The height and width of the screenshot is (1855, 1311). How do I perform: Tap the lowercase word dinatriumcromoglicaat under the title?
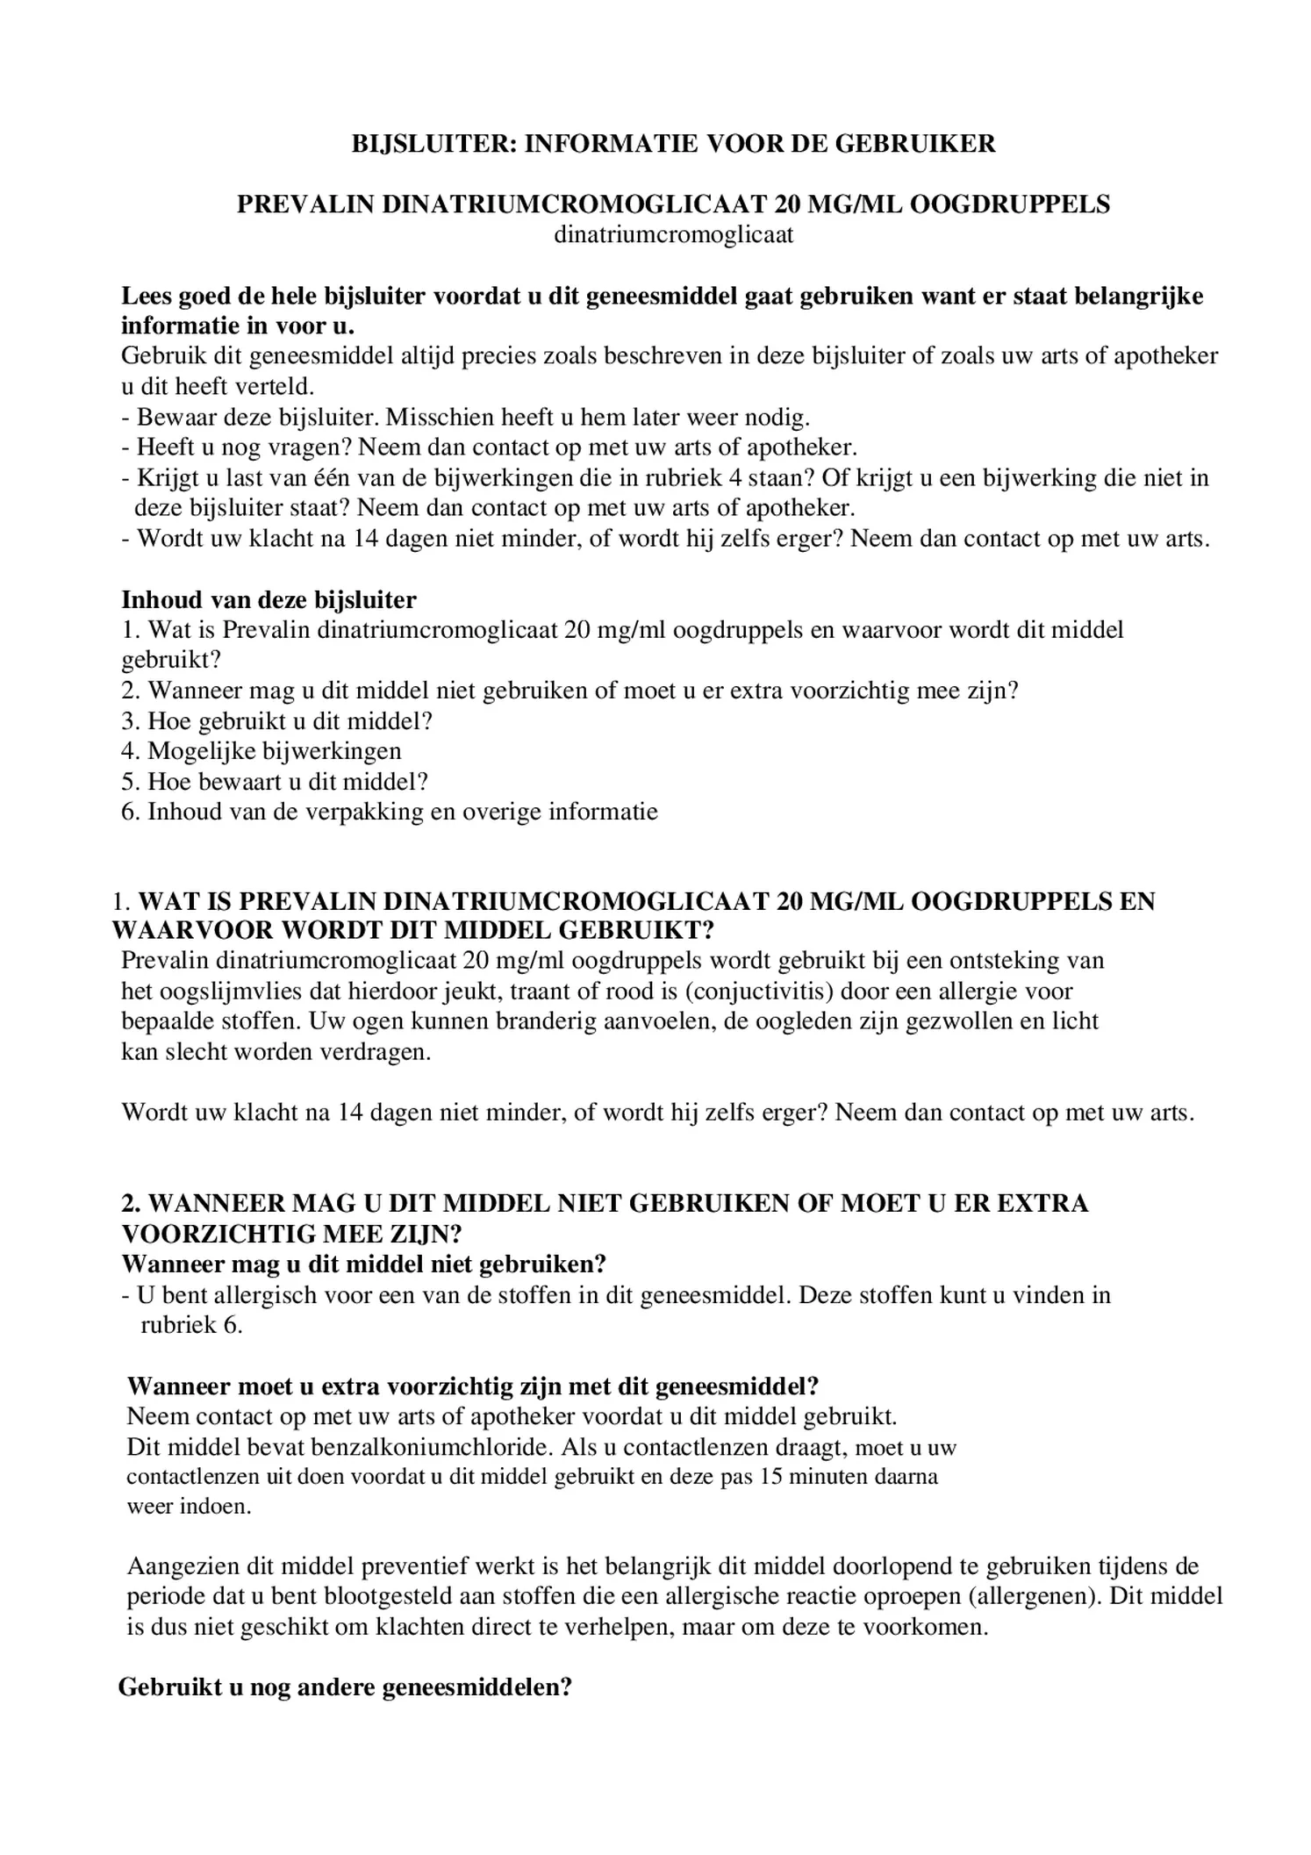673,235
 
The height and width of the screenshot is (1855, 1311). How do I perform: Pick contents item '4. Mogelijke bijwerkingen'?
261,751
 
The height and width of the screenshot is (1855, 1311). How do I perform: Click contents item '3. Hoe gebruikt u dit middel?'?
277,721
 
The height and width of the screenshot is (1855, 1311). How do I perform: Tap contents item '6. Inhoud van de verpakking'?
389,812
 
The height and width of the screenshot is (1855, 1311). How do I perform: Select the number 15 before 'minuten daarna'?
771,1476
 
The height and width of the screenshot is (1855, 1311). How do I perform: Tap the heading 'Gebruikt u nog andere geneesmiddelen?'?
345,1687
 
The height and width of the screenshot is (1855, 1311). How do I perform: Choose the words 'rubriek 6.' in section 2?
191,1324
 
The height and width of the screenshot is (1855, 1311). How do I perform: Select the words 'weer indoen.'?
190,1507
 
